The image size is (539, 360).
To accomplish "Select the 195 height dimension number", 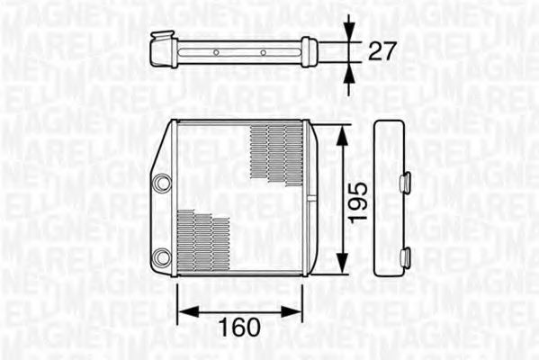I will click(x=359, y=201).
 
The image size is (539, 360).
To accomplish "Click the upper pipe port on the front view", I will click(x=161, y=183).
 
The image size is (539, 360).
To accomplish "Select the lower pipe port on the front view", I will click(x=161, y=257).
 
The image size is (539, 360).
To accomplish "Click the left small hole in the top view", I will click(x=215, y=52).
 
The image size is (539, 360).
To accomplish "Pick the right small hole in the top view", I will click(x=263, y=52).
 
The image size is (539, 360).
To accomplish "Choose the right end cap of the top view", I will click(x=309, y=51).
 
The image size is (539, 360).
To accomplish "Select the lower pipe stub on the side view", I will click(x=406, y=258).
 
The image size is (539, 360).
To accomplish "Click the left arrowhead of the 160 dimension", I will click(x=183, y=310).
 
